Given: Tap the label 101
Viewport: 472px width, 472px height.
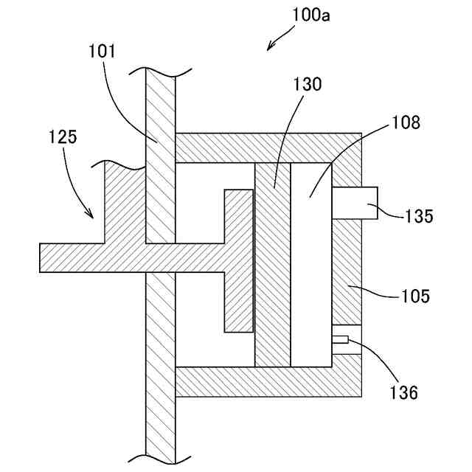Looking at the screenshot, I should pos(103,52).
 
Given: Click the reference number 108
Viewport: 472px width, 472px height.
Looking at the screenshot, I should pos(405,122).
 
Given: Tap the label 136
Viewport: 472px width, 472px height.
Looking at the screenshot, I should pos(404,392).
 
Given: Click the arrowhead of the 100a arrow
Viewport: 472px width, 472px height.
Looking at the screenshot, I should pos(269,49).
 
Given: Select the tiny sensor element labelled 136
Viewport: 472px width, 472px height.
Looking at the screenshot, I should pos(341,339).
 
